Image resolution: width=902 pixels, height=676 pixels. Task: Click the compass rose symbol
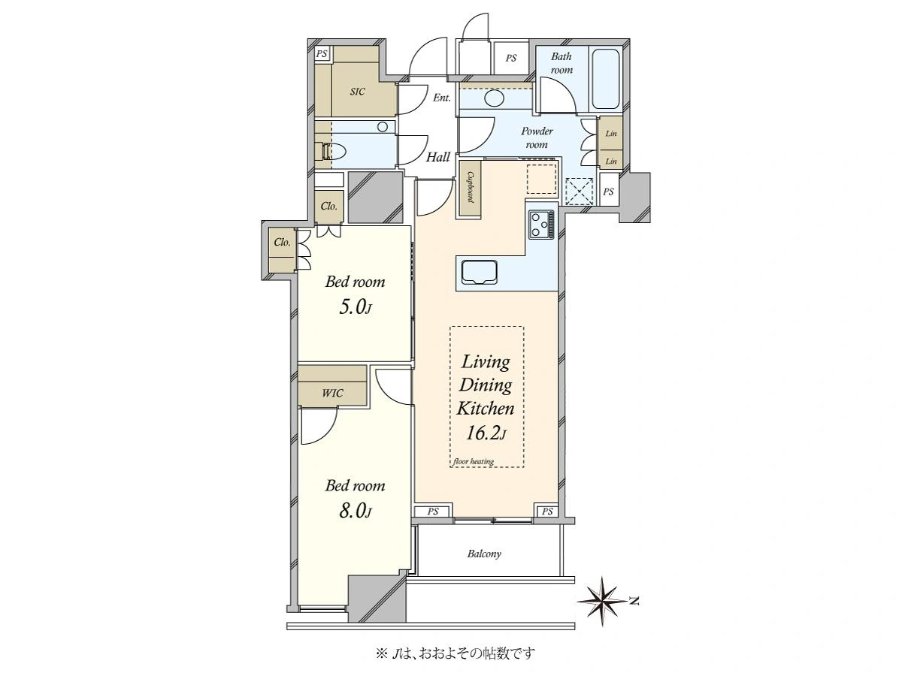click(602, 602)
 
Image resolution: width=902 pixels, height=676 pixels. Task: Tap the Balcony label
click(484, 554)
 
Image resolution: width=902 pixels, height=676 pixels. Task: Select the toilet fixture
click(333, 152)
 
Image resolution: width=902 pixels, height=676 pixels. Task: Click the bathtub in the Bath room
click(606, 79)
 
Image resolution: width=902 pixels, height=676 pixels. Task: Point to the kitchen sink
click(479, 271)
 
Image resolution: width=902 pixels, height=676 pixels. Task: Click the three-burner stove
click(542, 224)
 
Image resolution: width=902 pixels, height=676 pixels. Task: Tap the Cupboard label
click(470, 187)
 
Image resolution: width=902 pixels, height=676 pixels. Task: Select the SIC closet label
click(358, 92)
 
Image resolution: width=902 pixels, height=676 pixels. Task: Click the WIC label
click(332, 393)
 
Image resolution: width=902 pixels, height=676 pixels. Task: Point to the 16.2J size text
click(486, 433)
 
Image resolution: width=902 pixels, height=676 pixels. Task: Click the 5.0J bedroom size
click(356, 306)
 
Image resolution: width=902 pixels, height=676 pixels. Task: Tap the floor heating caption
click(474, 461)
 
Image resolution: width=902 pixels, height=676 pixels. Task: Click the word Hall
click(438, 157)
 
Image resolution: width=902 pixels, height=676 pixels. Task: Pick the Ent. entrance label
click(442, 98)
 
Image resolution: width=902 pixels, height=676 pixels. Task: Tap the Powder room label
click(537, 137)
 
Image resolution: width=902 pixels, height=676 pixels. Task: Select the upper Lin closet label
click(611, 134)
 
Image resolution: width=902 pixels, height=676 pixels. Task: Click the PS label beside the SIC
click(322, 54)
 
